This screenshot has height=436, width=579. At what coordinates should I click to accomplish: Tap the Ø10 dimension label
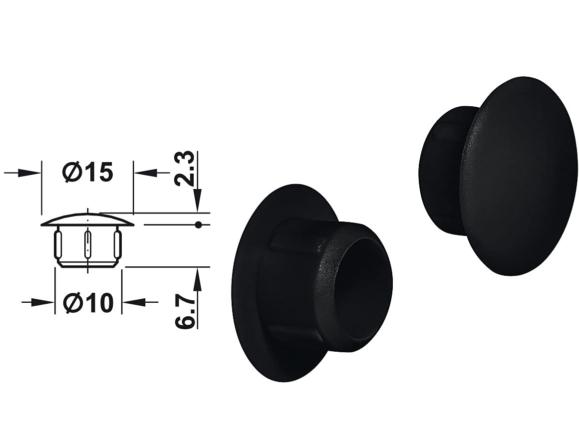[x=87, y=303]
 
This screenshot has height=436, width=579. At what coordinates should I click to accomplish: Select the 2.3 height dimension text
[x=183, y=168]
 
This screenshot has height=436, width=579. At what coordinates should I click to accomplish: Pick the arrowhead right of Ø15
[x=144, y=172]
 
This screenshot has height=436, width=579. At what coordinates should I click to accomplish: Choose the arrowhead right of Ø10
[x=134, y=303]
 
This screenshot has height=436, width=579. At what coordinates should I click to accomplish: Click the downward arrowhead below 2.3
[x=198, y=200]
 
